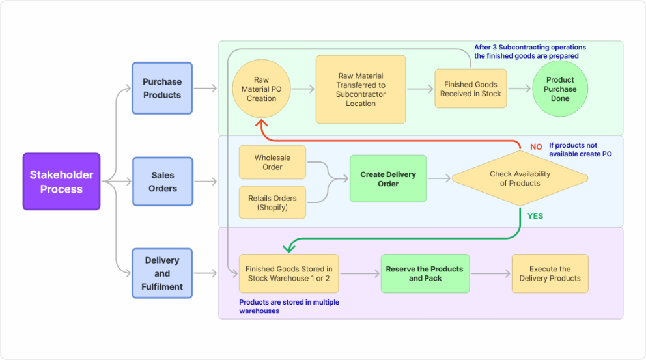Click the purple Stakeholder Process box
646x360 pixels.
click(x=61, y=182)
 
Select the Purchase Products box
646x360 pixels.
click(x=162, y=89)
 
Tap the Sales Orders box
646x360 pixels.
click(x=162, y=182)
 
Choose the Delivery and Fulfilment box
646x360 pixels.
click(x=162, y=273)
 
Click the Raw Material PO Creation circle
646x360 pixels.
click(x=261, y=89)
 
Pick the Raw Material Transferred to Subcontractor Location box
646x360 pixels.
click(x=360, y=89)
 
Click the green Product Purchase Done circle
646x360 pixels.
click(x=560, y=89)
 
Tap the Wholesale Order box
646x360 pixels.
click(x=272, y=163)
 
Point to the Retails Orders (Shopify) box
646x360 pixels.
click(x=272, y=202)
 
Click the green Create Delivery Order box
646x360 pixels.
click(x=387, y=179)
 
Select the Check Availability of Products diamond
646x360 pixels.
click(x=520, y=178)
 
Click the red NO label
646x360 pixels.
click(x=536, y=147)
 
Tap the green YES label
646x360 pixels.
click(x=535, y=216)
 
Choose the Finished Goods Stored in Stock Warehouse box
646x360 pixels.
click(x=288, y=273)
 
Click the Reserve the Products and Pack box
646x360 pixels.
click(x=425, y=273)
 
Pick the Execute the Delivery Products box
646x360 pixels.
click(x=550, y=273)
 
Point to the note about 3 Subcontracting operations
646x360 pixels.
click(x=529, y=51)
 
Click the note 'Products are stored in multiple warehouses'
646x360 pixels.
click(x=289, y=307)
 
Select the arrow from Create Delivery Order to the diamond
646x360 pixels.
click(x=439, y=178)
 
